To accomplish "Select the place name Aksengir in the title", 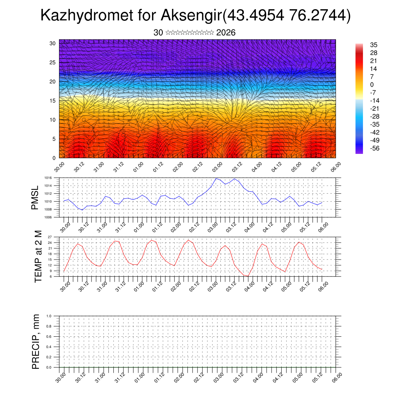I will (189, 16).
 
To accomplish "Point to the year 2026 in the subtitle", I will (226, 33).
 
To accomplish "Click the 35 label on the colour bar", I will (373, 45).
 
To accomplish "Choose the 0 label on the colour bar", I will (372, 85).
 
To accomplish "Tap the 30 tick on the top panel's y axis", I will (53, 43).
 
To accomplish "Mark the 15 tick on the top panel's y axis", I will (53, 101).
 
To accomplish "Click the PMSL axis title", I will (35, 197).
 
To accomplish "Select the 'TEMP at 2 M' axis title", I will (38, 256).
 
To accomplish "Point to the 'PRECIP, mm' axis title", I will (36, 341).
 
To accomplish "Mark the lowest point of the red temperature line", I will (248, 276).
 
